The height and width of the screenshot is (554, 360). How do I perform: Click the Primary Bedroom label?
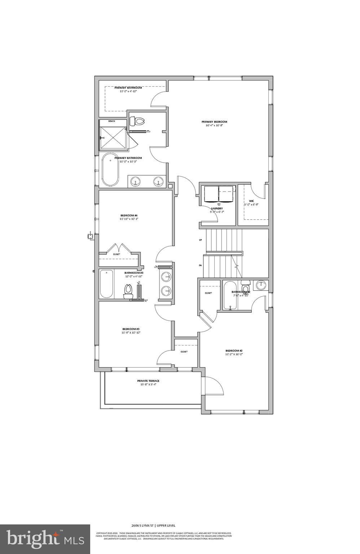[214, 122]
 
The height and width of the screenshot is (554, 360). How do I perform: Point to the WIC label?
[251, 201]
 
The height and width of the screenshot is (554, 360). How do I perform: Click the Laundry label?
[217, 208]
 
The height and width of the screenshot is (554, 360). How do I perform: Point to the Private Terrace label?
[148, 381]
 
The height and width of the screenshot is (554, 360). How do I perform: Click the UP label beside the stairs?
[200, 240]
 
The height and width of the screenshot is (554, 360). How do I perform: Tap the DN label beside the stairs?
[200, 265]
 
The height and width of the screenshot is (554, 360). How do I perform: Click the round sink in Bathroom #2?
[261, 285]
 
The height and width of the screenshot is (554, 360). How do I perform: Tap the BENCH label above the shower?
[112, 121]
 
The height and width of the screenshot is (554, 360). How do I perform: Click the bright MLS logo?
[45, 539]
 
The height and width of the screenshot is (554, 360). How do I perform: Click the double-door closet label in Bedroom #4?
[117, 254]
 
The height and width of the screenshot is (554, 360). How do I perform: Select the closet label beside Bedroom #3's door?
[184, 352]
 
